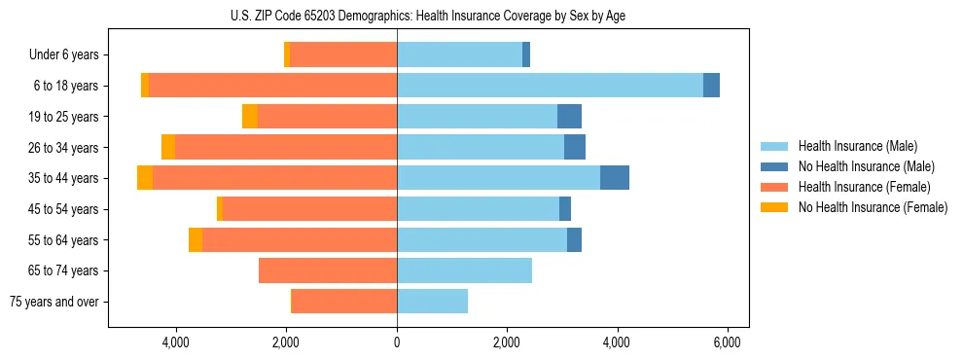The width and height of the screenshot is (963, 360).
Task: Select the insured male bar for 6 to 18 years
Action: point(550,86)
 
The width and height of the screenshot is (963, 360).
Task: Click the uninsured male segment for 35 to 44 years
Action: point(615,178)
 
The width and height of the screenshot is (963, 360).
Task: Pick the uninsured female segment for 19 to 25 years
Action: point(250,117)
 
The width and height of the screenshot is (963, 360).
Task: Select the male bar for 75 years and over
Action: point(432,302)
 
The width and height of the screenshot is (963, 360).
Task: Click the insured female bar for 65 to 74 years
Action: point(328,270)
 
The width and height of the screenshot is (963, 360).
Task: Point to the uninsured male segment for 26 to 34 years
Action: point(575,147)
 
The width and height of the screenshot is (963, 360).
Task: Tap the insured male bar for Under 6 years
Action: point(459,54)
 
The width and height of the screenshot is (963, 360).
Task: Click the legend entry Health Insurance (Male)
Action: point(857,146)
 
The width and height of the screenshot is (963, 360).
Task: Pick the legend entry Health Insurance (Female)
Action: point(864,187)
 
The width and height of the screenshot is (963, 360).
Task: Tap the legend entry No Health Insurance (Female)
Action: point(873,207)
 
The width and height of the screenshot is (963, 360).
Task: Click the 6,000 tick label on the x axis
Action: point(728,342)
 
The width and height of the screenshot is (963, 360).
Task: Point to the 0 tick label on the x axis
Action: point(397,342)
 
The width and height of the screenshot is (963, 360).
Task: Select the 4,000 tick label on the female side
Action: point(176,342)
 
